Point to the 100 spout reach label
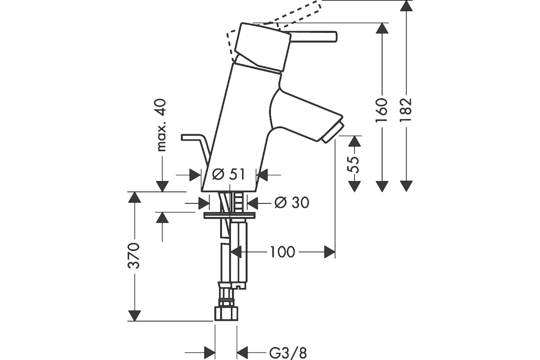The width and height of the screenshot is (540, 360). (x=282, y=252)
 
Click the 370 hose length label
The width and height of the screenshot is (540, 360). (x=133, y=256)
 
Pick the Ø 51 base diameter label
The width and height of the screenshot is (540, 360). (x=228, y=174)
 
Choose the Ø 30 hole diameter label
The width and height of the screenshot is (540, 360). (x=292, y=202)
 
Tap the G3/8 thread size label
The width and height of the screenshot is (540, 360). (x=288, y=353)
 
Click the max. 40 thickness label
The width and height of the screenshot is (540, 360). (x=161, y=125)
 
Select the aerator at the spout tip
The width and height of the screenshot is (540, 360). (x=333, y=133)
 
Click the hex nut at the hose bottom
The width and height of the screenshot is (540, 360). (x=226, y=314)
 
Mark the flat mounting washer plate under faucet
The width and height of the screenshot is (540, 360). (x=229, y=215)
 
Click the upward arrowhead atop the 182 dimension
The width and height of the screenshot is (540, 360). (x=406, y=5)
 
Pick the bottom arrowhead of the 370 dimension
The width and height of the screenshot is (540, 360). (x=134, y=315)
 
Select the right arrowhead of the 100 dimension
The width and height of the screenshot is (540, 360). (x=329, y=252)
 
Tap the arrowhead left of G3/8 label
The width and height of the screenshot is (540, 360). (x=210, y=353)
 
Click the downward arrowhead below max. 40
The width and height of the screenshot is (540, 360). (x=162, y=186)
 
